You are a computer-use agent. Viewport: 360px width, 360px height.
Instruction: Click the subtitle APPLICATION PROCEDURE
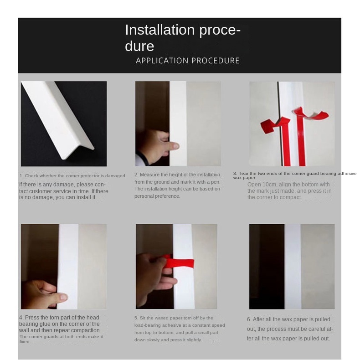pos(188,61)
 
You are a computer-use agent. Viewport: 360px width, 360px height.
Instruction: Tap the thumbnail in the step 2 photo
pos(176,146)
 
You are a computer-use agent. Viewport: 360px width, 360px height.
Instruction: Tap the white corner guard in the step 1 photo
pos(58,119)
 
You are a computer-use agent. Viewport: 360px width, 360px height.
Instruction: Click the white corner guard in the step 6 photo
pos(293,266)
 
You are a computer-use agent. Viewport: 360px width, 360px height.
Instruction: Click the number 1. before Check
pos(21,176)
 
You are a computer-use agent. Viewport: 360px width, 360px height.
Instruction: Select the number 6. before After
pos(249,319)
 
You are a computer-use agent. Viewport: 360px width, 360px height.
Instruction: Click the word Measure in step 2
pos(149,175)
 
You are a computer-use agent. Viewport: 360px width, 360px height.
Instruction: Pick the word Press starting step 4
pos(32,318)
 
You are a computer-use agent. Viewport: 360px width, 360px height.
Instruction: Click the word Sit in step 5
pos(142,318)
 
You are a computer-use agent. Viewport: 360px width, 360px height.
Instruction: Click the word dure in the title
pos(139,46)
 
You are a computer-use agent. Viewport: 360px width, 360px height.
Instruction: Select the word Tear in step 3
pos(243,174)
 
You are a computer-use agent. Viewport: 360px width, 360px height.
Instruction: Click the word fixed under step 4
pos(25,342)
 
